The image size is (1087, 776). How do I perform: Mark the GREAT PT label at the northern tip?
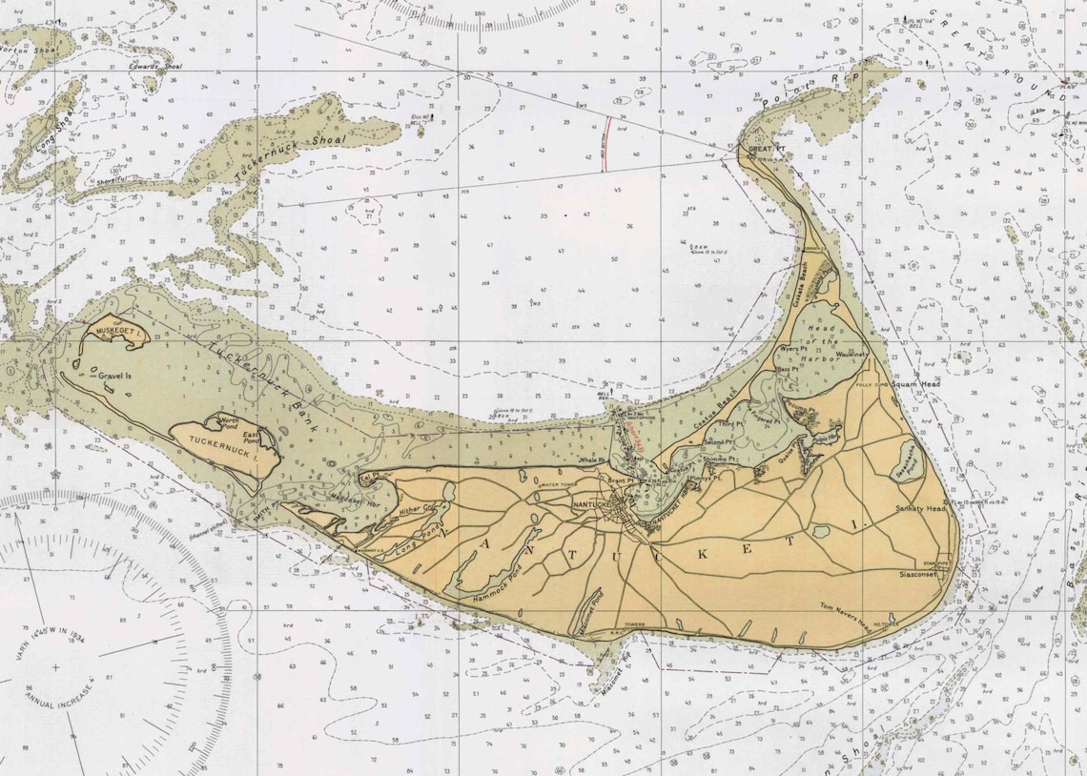click(766, 150)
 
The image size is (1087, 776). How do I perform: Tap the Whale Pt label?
click(593, 459)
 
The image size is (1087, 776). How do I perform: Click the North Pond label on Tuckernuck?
click(230, 419)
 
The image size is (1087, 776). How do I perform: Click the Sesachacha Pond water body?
click(907, 461)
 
